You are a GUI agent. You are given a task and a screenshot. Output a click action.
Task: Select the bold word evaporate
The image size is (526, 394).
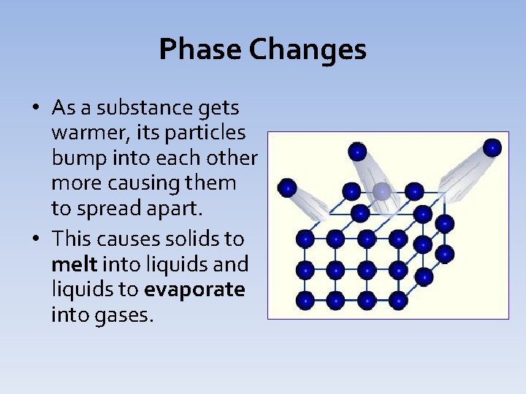click(194, 290)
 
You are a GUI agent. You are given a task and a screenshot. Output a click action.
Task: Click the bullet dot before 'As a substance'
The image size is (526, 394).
click(36, 109)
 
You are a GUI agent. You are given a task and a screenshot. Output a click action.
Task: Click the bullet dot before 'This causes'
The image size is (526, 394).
click(36, 239)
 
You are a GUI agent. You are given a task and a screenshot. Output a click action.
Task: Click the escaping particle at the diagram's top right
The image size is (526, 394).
click(492, 147)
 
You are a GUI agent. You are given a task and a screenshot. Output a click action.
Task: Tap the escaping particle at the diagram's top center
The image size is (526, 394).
click(357, 151)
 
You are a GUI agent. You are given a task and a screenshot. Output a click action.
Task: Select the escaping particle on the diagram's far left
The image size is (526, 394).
click(287, 188)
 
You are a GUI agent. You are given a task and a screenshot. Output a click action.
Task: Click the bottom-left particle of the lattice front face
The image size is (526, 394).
click(305, 299)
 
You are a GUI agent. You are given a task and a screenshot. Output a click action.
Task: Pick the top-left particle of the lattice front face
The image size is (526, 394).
click(305, 239)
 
